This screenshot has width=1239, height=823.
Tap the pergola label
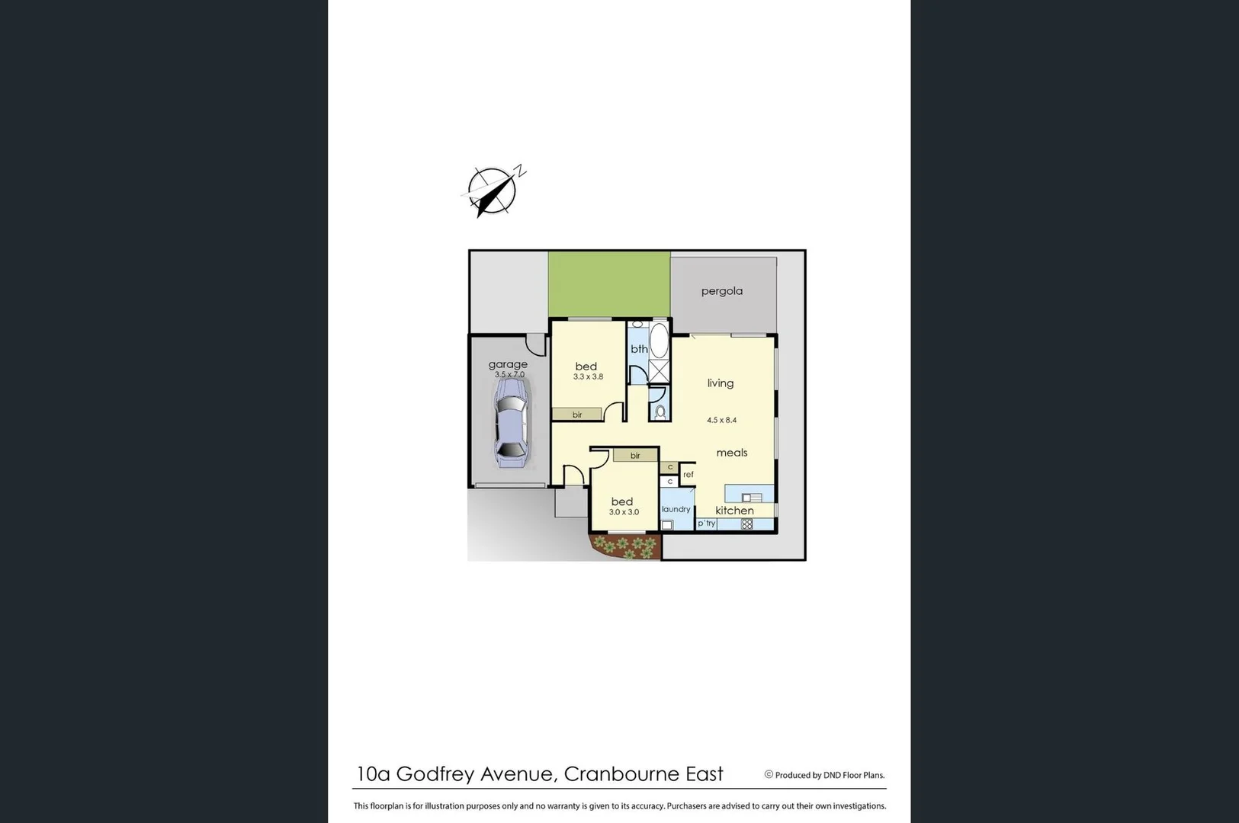pos(721,291)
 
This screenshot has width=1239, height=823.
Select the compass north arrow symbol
pos(493,191)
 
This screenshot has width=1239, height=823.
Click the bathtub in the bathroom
pos(659,341)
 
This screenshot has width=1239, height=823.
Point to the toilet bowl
pos(660,411)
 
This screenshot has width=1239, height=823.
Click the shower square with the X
pos(658,372)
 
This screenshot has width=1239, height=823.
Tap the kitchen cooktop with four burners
pos(746,524)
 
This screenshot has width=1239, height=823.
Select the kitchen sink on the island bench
pos(751,498)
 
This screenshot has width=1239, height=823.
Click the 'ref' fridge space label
pos(689,475)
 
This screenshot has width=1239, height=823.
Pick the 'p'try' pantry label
pos(707,524)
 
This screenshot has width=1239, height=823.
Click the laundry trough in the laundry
pos(667,524)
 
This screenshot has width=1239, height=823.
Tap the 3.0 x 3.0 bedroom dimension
pos(624,512)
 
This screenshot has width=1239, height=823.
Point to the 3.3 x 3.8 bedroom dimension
pos(588,376)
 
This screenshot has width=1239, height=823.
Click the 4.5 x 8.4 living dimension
pos(721,420)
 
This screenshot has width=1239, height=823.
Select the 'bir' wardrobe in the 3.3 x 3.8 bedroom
pos(577,415)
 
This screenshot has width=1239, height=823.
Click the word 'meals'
pos(731,453)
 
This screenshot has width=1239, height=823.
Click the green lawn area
pos(608,283)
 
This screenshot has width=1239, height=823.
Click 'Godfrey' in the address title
pos(435,774)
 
